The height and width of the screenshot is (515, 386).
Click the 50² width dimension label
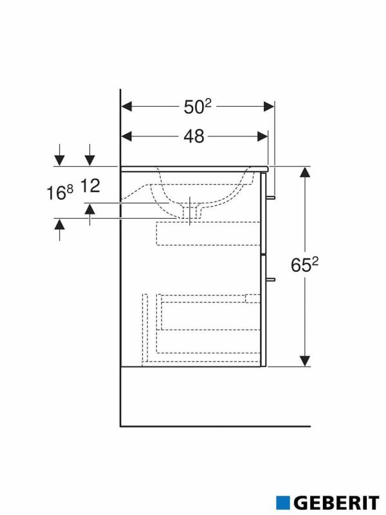pos(198,107)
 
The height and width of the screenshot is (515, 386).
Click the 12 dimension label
pos(91,187)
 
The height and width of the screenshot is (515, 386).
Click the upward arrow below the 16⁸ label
pos(59,225)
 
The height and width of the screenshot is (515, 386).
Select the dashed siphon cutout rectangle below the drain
pos(209,234)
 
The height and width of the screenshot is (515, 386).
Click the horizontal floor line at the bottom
pos(216,426)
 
